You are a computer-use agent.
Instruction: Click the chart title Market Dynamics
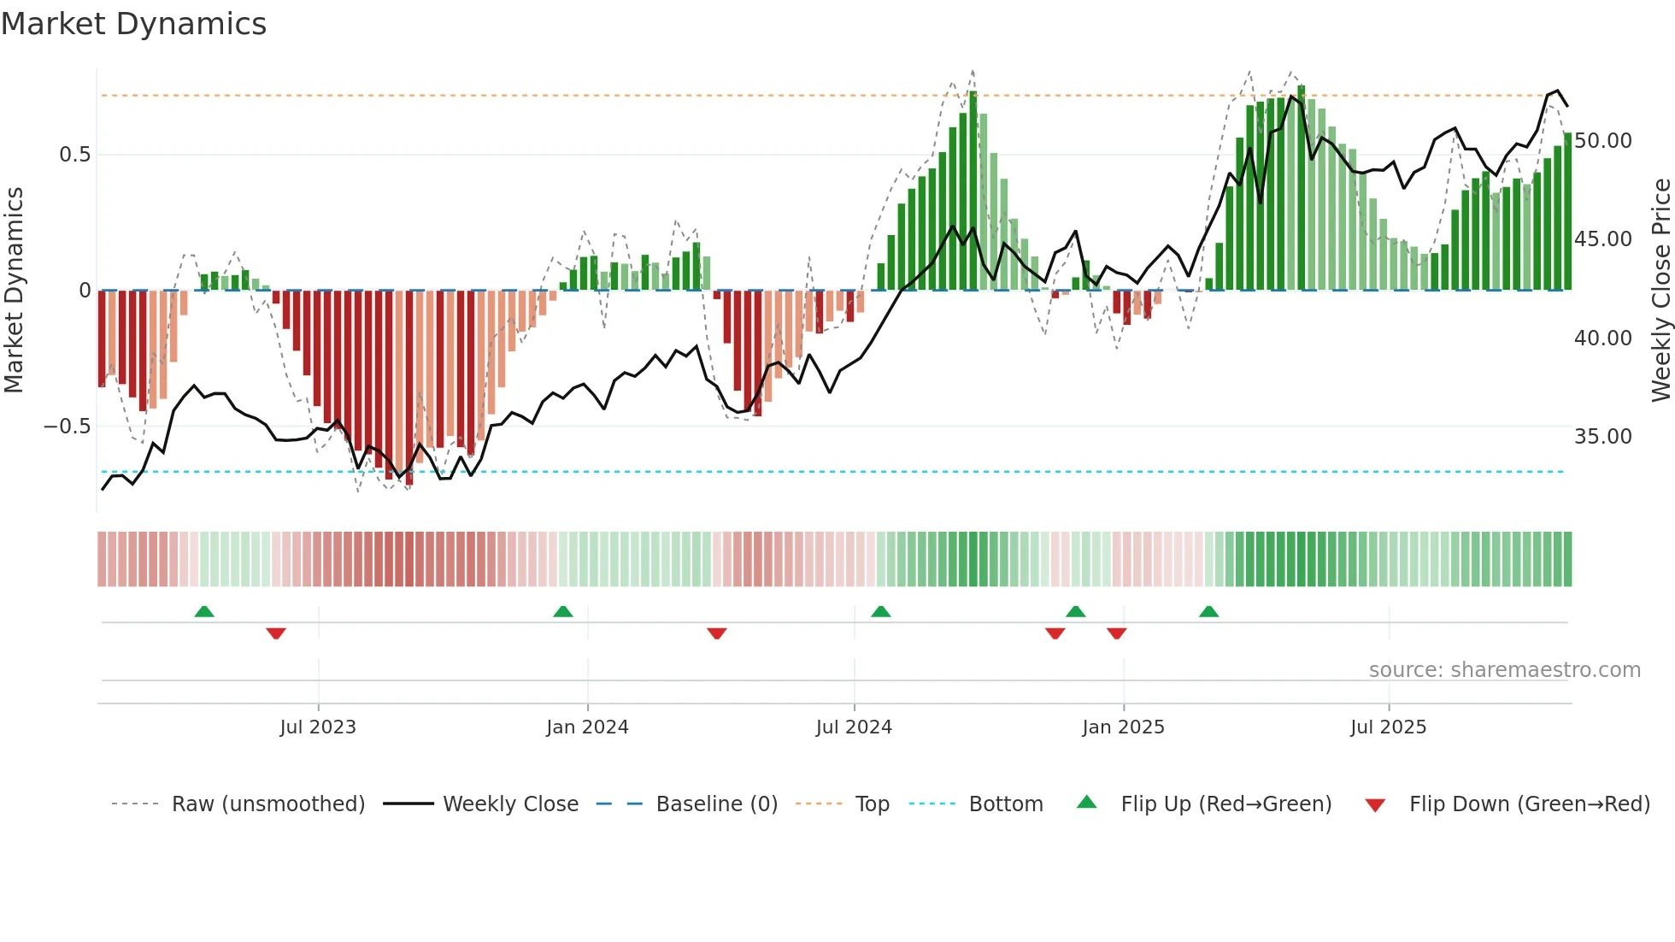click(133, 24)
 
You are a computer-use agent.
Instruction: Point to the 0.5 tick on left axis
click(74, 155)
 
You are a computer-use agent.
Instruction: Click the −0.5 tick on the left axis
click(68, 427)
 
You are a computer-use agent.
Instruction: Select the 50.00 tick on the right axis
click(1602, 141)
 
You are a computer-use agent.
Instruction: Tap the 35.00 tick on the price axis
click(1602, 437)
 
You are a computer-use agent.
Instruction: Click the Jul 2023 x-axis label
click(318, 727)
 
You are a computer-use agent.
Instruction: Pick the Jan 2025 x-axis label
click(1123, 727)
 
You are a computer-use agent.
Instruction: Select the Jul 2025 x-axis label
click(1388, 727)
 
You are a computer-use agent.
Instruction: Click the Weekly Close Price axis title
click(1660, 291)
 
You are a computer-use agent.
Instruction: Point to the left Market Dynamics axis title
click(14, 291)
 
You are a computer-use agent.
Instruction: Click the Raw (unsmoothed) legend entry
click(267, 804)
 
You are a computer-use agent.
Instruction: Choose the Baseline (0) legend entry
click(716, 804)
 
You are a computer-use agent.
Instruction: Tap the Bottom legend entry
click(1005, 804)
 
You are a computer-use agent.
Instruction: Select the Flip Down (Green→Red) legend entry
click(1529, 804)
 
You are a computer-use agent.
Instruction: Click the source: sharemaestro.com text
click(1504, 670)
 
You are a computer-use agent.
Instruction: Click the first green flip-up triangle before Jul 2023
click(204, 611)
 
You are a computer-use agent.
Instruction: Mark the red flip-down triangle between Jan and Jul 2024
click(717, 633)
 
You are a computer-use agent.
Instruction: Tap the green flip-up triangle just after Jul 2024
click(880, 611)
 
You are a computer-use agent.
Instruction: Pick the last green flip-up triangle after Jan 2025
click(1208, 611)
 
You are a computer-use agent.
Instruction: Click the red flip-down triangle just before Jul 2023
click(275, 633)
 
